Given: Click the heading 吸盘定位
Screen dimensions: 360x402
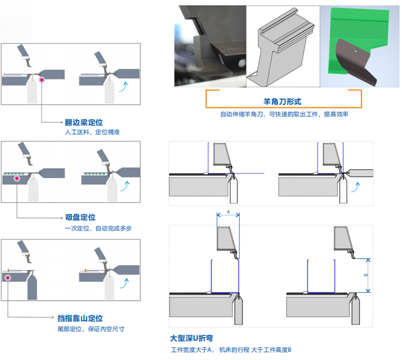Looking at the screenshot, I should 80,217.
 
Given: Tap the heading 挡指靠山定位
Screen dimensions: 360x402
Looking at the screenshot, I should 80,318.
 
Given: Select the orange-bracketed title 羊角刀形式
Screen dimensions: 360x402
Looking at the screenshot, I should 282,100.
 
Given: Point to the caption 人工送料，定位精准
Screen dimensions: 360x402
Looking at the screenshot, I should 92,132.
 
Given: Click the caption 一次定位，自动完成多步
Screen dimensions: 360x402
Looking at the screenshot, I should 98,228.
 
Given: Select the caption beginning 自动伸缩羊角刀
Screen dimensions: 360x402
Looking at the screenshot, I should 284,114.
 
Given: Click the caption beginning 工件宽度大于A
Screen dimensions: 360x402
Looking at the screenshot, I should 231,349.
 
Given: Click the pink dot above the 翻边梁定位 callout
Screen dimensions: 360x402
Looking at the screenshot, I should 42,79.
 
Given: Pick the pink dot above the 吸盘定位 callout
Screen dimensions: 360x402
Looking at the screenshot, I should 17,178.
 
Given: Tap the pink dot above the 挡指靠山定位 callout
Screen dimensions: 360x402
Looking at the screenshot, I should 8,277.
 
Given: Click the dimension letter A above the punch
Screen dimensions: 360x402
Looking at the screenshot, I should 228,212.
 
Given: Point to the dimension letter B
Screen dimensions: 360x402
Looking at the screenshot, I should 365,275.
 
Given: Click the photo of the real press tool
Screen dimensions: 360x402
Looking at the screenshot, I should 210,45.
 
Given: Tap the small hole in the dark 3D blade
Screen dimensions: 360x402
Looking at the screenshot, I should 354,50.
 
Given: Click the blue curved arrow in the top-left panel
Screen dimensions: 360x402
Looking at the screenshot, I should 122,87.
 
